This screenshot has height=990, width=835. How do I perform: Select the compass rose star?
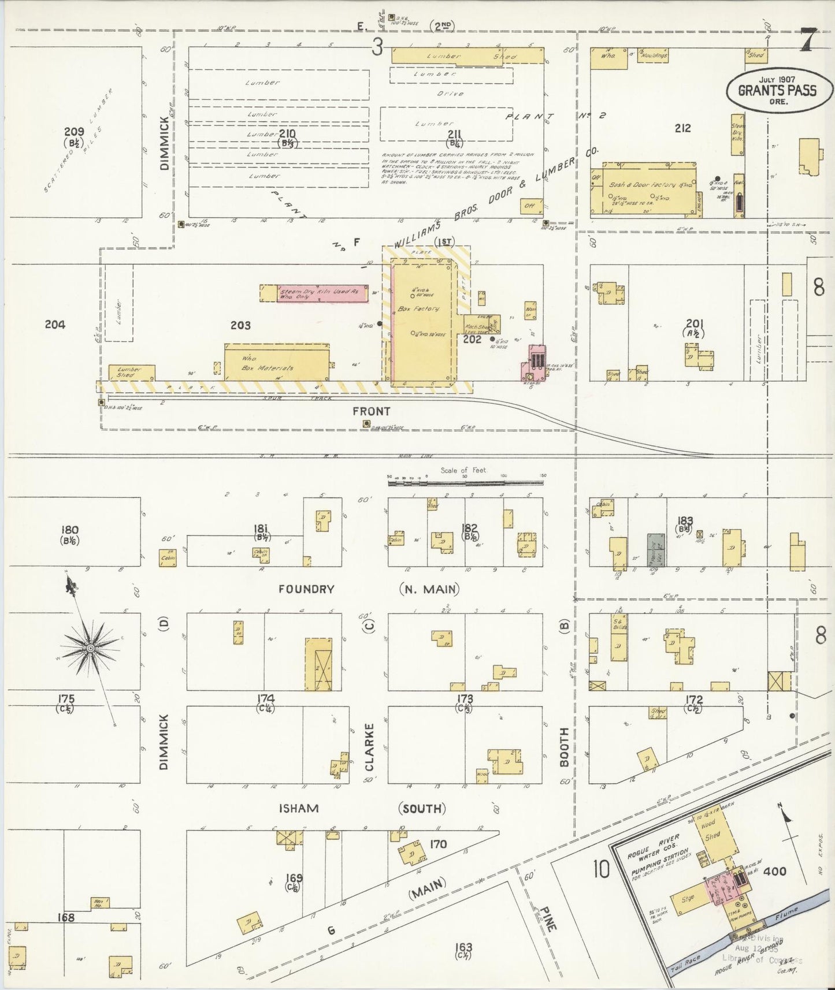(x=90, y=648)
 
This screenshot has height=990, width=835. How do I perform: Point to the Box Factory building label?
(x=418, y=309)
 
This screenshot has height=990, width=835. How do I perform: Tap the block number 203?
(x=240, y=326)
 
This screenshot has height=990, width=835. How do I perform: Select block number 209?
(x=74, y=132)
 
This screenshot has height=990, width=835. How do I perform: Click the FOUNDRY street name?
(x=306, y=589)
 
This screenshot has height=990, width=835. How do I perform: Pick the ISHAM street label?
(x=298, y=808)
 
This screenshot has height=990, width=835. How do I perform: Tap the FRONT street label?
(x=371, y=411)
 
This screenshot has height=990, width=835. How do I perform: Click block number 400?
(x=774, y=870)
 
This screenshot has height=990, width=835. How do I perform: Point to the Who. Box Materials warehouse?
(x=276, y=363)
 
